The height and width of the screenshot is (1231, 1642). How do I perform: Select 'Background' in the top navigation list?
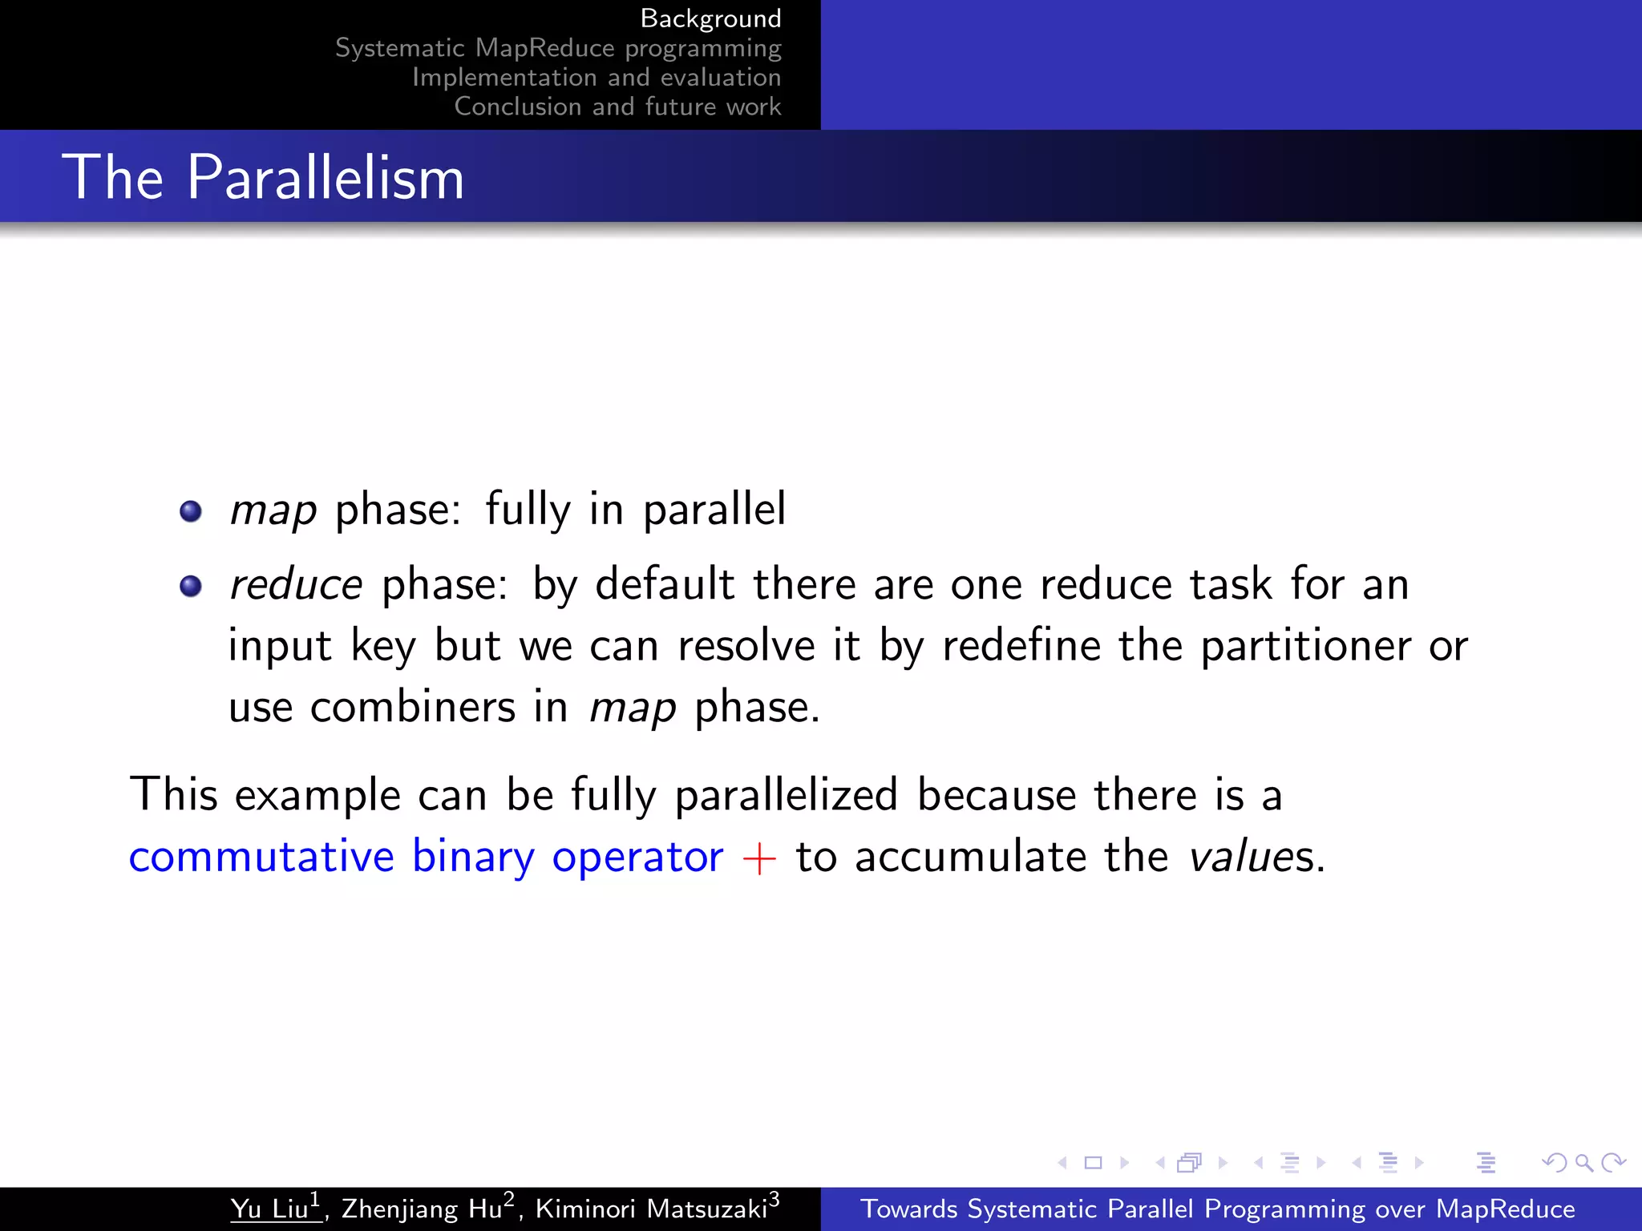[x=710, y=18]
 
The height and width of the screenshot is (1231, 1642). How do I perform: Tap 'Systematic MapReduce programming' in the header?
[x=558, y=48]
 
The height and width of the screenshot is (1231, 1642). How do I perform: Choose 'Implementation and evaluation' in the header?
[x=597, y=78]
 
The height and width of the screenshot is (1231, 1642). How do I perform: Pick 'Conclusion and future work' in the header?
[x=617, y=107]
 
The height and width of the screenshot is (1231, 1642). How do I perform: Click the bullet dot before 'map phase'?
[x=191, y=511]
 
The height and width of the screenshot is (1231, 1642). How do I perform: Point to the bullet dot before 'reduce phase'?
[x=191, y=586]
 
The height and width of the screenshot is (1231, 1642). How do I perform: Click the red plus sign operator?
[x=759, y=858]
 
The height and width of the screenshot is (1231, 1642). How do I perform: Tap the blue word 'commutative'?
[x=261, y=856]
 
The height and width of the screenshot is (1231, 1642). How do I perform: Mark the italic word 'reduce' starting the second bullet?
[x=296, y=584]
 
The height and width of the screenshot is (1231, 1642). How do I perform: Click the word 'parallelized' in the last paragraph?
[x=786, y=796]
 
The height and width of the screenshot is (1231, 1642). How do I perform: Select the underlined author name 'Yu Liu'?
[x=270, y=1209]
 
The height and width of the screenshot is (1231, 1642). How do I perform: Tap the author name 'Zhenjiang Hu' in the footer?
[x=423, y=1209]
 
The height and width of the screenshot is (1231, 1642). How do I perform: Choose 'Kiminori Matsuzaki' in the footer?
[x=651, y=1209]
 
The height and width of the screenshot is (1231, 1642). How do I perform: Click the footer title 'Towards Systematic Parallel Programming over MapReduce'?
[x=1217, y=1209]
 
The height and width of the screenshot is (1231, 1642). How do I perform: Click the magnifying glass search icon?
[x=1583, y=1162]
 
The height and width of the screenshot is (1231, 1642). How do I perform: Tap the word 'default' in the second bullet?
[x=665, y=584]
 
